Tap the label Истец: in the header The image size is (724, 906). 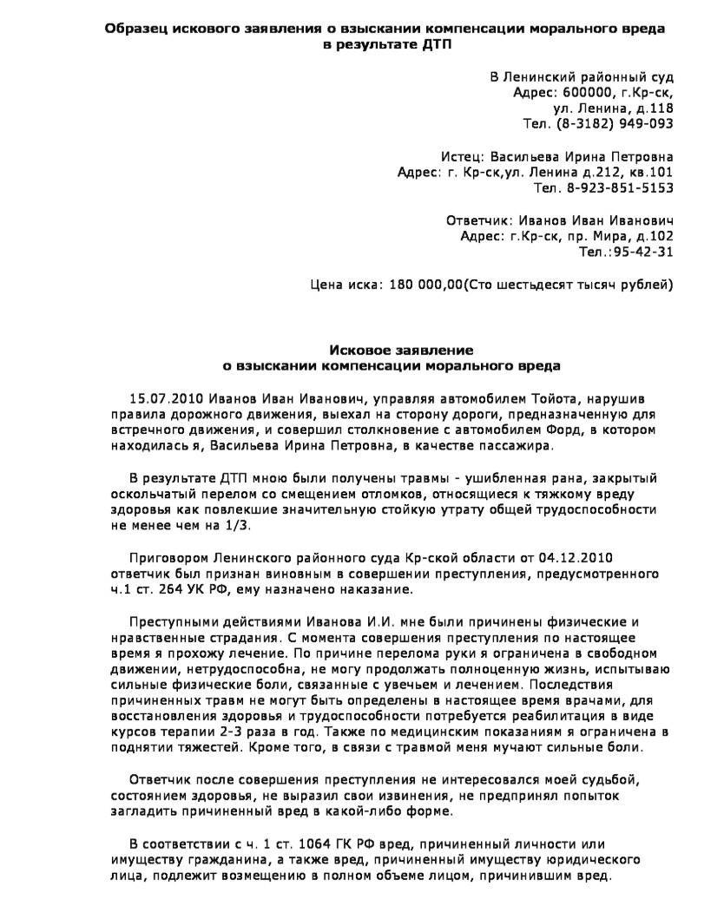pos(463,158)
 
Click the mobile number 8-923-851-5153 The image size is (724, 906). pos(620,187)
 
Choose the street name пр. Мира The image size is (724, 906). pos(595,236)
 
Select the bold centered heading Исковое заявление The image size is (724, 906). pos(401,350)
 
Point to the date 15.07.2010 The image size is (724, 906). pos(161,397)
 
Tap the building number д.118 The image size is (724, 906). pos(652,108)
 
